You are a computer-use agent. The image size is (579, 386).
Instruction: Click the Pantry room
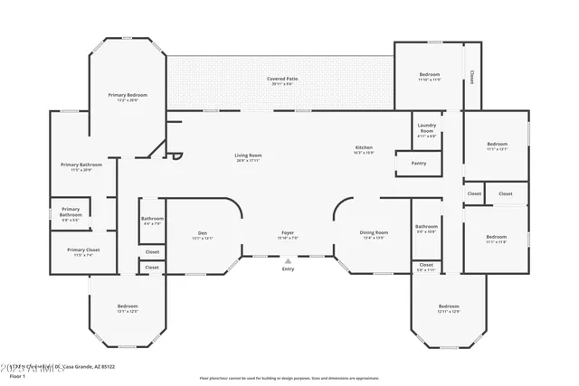coord(418,164)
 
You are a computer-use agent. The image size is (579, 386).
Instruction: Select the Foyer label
coord(288,236)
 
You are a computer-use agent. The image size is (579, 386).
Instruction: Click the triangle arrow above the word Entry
coord(288,261)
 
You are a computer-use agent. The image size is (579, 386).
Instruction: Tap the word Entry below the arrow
coord(288,269)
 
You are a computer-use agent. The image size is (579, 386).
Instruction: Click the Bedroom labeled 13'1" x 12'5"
coord(128,309)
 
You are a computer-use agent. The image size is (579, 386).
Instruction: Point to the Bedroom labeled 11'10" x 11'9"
coord(429,77)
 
